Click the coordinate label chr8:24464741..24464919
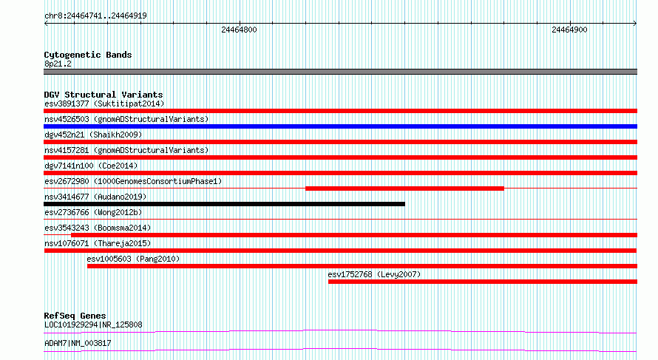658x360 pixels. pos(95,16)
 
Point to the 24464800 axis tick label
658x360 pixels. pos(239,30)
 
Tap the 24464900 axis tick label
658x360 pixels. pos(569,30)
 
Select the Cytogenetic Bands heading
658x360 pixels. pos(88,55)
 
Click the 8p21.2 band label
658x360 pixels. pos(58,64)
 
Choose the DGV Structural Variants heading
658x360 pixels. pos(104,95)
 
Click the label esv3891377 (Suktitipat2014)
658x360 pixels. pos(104,103)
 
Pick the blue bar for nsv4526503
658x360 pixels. pos(340,126)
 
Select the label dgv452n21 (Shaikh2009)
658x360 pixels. pos(93,135)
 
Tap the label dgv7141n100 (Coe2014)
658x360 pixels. pos(91,166)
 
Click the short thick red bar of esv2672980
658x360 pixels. pos(404,189)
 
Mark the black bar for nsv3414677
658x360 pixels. pos(225,204)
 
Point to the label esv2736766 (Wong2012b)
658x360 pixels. pos(93,212)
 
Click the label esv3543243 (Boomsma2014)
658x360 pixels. pos(98,228)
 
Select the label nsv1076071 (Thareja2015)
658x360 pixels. pos(98,243)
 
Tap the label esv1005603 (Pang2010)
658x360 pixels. pos(133,259)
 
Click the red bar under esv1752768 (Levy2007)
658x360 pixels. pos(483,282)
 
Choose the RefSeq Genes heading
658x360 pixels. pos(75,316)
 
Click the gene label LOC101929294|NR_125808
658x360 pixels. pos(93,325)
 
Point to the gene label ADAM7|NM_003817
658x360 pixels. pos(78,343)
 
